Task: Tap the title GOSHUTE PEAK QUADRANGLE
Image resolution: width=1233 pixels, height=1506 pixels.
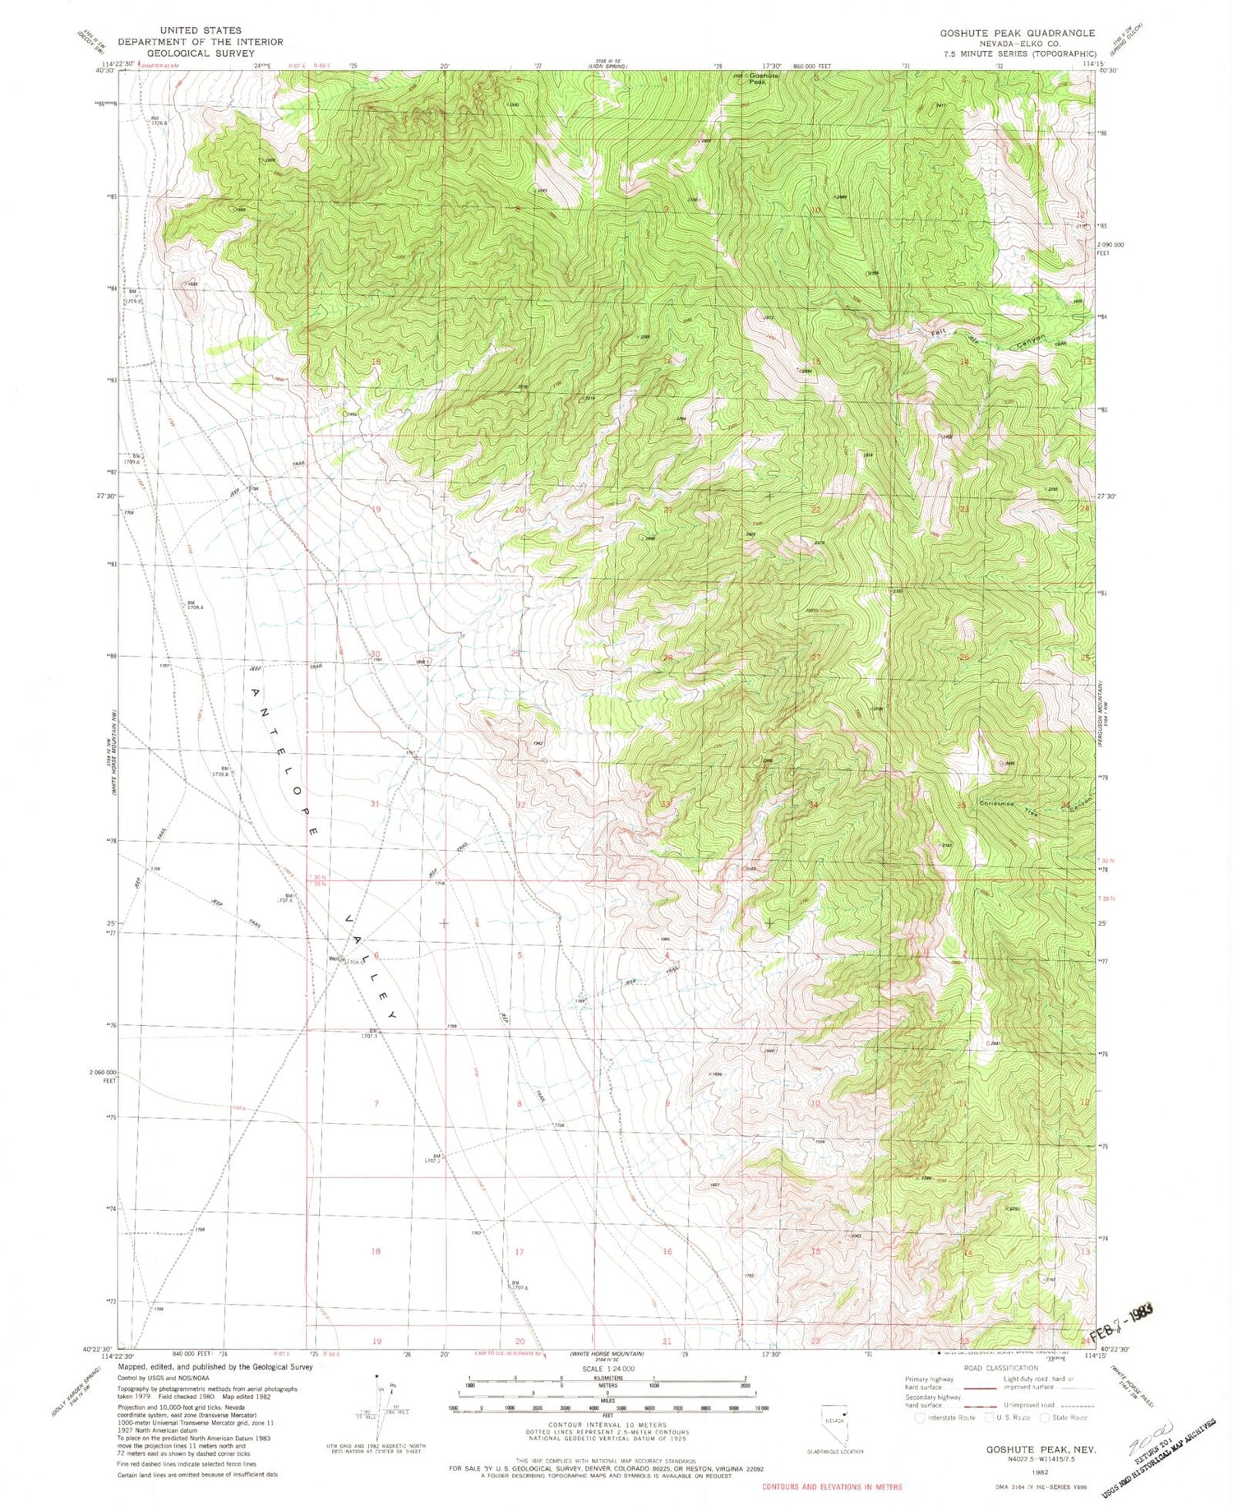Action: click(x=1017, y=33)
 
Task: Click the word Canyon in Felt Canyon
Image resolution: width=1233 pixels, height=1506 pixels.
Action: click(x=1031, y=339)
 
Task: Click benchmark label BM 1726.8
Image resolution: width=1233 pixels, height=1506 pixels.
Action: click(x=158, y=121)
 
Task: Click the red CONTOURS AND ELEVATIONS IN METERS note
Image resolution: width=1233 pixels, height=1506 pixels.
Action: click(x=831, y=1486)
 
